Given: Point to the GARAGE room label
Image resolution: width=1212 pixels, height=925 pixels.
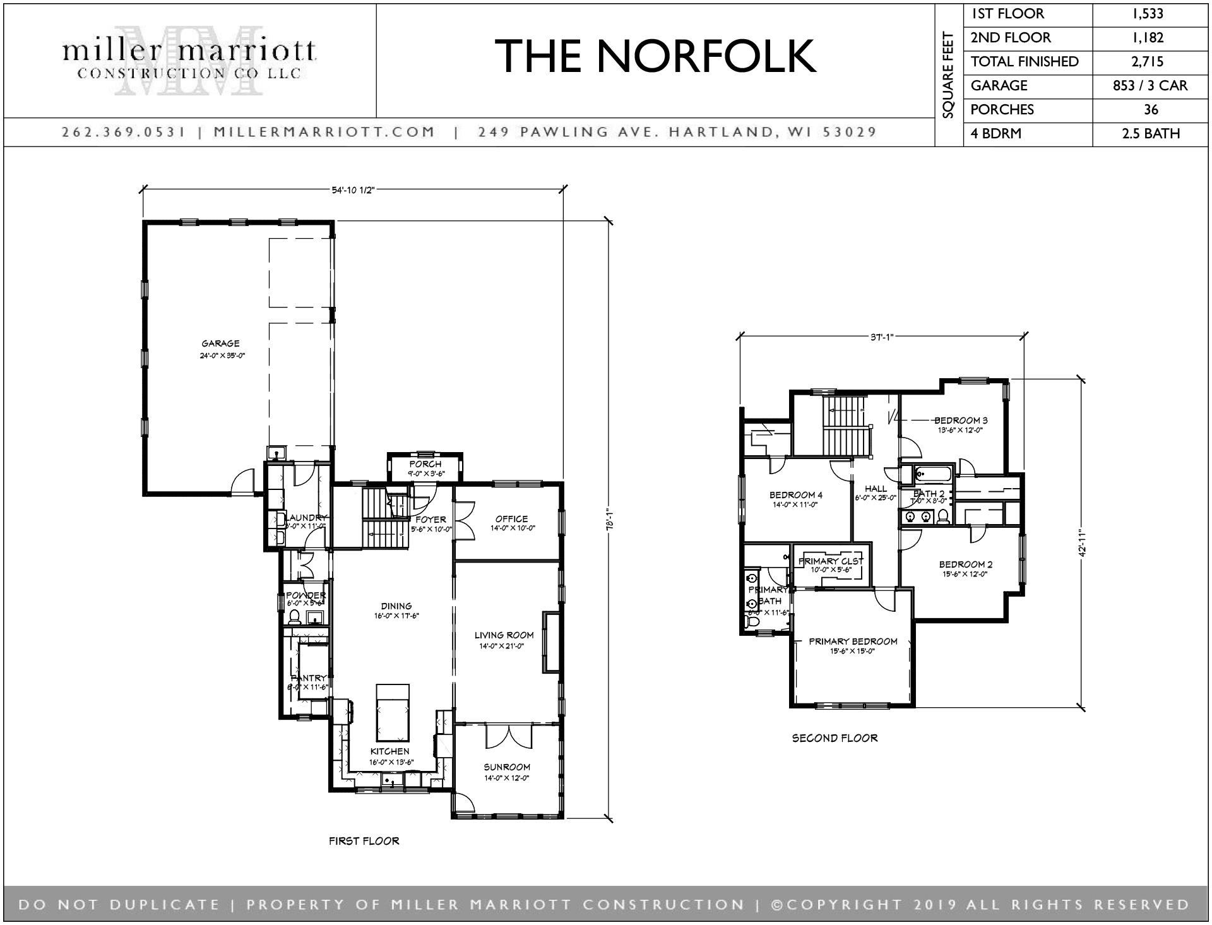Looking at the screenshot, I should click(x=220, y=344).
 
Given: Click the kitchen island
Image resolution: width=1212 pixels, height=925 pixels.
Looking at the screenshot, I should click(x=393, y=712).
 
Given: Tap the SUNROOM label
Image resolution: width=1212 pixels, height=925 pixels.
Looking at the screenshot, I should click(x=507, y=768).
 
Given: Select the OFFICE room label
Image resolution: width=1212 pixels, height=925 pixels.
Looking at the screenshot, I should click(x=511, y=519).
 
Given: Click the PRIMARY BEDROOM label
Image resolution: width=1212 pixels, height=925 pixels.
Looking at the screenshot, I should click(x=853, y=642).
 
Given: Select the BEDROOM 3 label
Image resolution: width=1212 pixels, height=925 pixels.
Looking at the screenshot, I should click(x=961, y=421).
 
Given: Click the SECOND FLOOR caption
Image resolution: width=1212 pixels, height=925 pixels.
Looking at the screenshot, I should click(x=835, y=738).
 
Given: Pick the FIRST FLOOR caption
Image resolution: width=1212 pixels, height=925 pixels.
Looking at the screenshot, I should click(x=364, y=841).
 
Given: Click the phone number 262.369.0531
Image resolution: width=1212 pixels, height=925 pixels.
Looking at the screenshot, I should click(x=123, y=133).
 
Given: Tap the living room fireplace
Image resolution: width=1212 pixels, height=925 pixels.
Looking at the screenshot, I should click(x=550, y=642).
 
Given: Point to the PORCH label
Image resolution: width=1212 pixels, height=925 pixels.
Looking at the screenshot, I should click(x=425, y=464).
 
